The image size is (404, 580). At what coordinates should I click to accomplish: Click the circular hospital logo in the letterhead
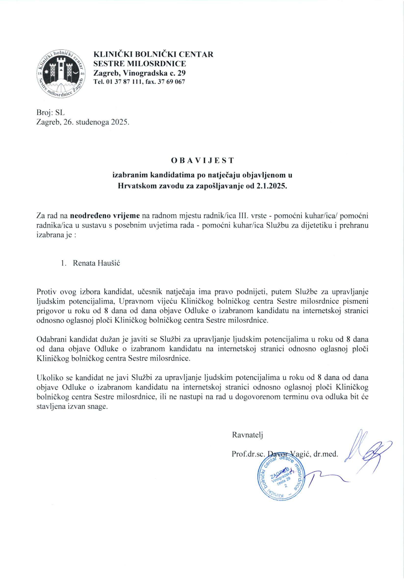[x=61, y=74]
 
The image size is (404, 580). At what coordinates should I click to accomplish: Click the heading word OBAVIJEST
[x=202, y=160]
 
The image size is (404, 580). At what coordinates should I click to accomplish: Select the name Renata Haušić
[x=96, y=263]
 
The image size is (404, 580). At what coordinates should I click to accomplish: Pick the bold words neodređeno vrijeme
[x=105, y=216]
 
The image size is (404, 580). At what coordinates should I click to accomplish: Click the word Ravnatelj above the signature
[x=248, y=435]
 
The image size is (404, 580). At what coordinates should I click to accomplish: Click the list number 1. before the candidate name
[x=63, y=263]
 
